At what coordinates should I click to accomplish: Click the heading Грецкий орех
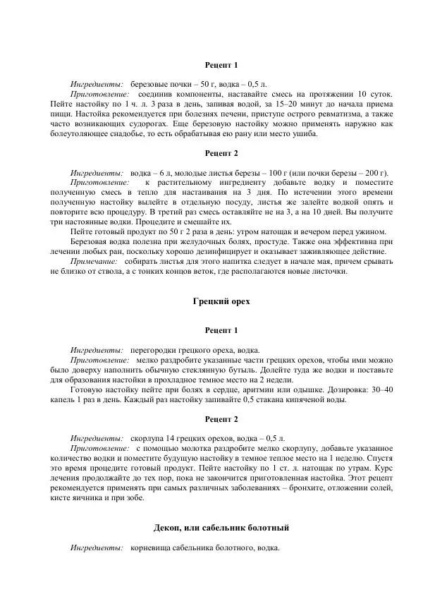[x=221, y=301]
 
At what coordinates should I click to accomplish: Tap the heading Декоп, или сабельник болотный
[x=221, y=527]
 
